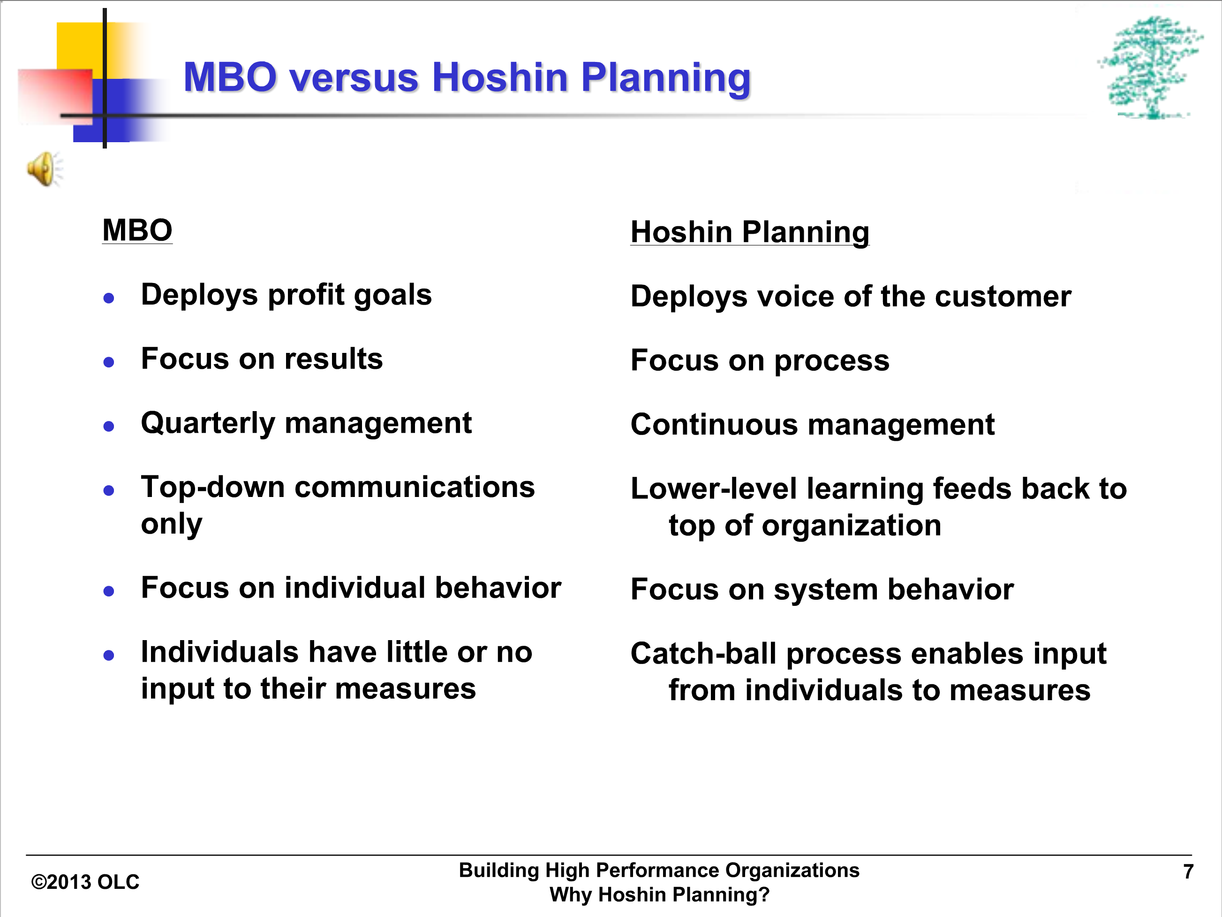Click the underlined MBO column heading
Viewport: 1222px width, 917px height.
coord(137,230)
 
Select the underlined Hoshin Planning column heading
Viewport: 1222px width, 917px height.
coord(750,232)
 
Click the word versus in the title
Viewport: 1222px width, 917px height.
coord(354,77)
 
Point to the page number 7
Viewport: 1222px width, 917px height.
coord(1188,871)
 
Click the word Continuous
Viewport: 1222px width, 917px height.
coord(714,425)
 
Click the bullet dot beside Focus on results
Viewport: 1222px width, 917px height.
coord(109,363)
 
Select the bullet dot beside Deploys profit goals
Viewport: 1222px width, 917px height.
coord(109,298)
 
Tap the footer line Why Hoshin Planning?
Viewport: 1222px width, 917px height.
coord(659,895)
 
